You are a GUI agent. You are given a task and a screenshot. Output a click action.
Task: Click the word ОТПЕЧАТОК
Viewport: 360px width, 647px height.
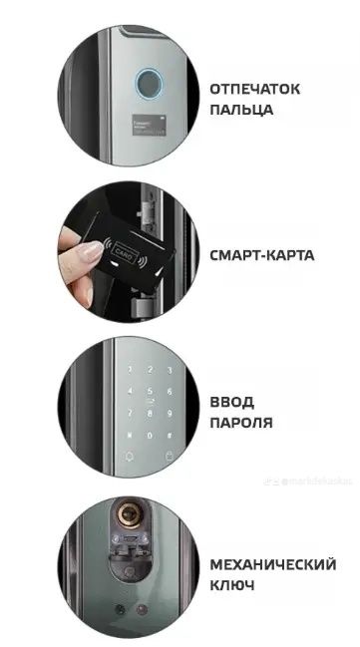pos(254,89)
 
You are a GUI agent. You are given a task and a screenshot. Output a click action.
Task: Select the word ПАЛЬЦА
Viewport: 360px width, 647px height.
pos(240,109)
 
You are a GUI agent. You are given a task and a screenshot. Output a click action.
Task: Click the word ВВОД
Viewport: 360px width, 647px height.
pos(232,401)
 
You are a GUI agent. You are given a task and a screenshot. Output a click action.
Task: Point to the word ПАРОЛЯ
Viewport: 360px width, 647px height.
pos(241,422)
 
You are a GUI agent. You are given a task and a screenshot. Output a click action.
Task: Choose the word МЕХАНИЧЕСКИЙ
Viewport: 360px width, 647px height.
pos(271,565)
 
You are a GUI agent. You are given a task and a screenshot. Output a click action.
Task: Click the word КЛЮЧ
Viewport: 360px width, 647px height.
pos(232,585)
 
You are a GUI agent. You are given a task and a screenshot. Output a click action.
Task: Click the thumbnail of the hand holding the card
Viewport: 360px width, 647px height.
pos(121,255)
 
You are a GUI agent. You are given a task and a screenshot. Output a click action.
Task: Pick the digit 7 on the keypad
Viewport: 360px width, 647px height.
pos(128,413)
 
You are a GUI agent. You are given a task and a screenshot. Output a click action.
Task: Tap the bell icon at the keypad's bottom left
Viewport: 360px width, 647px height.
pos(128,458)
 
